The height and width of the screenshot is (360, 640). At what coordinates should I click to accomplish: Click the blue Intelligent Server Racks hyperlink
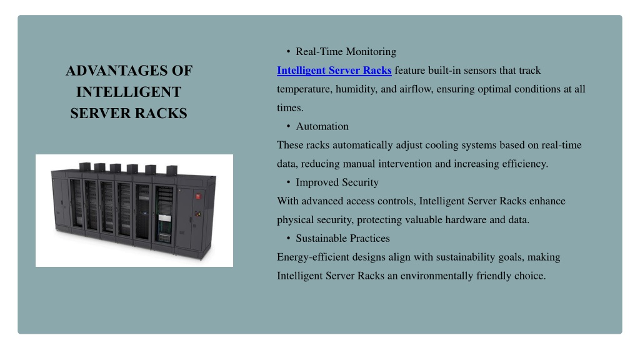click(x=334, y=71)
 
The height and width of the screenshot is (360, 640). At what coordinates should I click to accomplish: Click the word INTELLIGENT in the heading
click(x=129, y=92)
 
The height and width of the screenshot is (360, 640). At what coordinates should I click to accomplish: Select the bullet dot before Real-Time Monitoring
click(x=288, y=51)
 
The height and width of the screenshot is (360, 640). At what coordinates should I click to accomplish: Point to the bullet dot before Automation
click(x=288, y=126)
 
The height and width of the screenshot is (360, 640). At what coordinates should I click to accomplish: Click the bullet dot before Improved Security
click(x=288, y=182)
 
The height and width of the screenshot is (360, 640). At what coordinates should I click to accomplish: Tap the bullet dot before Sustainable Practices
click(x=288, y=238)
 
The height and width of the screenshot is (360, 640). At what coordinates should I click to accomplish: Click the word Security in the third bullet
click(x=361, y=182)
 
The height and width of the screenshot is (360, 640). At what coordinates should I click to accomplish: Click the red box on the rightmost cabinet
click(x=198, y=196)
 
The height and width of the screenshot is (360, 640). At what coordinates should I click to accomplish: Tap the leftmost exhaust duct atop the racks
click(x=85, y=166)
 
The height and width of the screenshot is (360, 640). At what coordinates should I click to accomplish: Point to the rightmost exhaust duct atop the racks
click(x=172, y=169)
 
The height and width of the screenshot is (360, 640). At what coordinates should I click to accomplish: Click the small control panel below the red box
click(x=198, y=214)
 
